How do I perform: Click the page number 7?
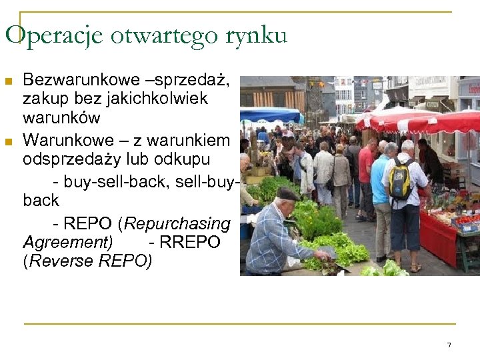(449, 345)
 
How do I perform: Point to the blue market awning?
(270, 114)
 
